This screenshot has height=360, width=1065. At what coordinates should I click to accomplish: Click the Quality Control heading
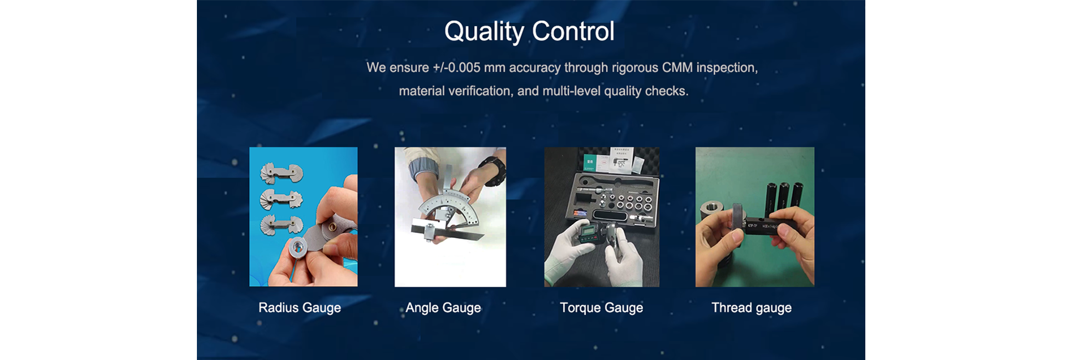coord(529,31)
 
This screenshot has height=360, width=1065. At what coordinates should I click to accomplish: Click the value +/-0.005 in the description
coord(457,68)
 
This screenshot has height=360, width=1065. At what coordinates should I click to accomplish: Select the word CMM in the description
coord(677,68)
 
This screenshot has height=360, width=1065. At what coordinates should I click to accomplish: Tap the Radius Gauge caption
coord(300,308)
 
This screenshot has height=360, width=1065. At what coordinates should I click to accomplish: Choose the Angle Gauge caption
coord(443,308)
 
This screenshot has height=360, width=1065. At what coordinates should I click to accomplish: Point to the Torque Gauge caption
coord(601,308)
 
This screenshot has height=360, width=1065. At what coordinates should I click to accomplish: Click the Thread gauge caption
coord(752,308)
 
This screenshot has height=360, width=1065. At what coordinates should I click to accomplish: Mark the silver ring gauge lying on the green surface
coord(711,211)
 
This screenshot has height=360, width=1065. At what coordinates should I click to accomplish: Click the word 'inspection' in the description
coord(727,68)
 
